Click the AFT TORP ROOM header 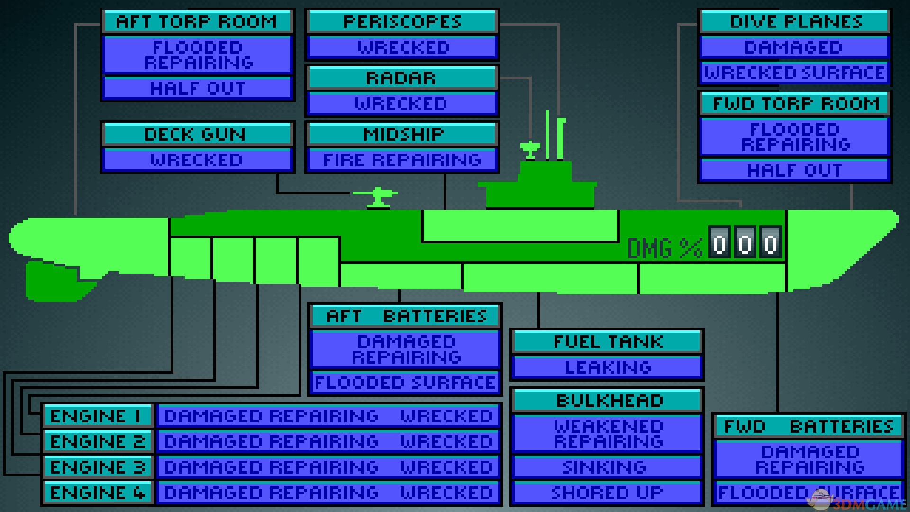(197, 22)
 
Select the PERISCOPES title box (402, 22)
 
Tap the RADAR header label (402, 78)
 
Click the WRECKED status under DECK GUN (197, 160)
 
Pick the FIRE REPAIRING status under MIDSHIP (402, 160)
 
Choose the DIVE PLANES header (795, 22)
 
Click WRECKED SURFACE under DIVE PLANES (795, 73)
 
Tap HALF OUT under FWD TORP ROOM (795, 170)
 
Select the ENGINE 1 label (98, 416)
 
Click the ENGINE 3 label (98, 467)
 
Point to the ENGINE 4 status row (328, 493)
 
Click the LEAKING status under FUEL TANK (608, 367)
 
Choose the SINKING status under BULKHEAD (605, 467)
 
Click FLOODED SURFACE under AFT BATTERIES (406, 383)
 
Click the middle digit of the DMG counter (745, 243)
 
